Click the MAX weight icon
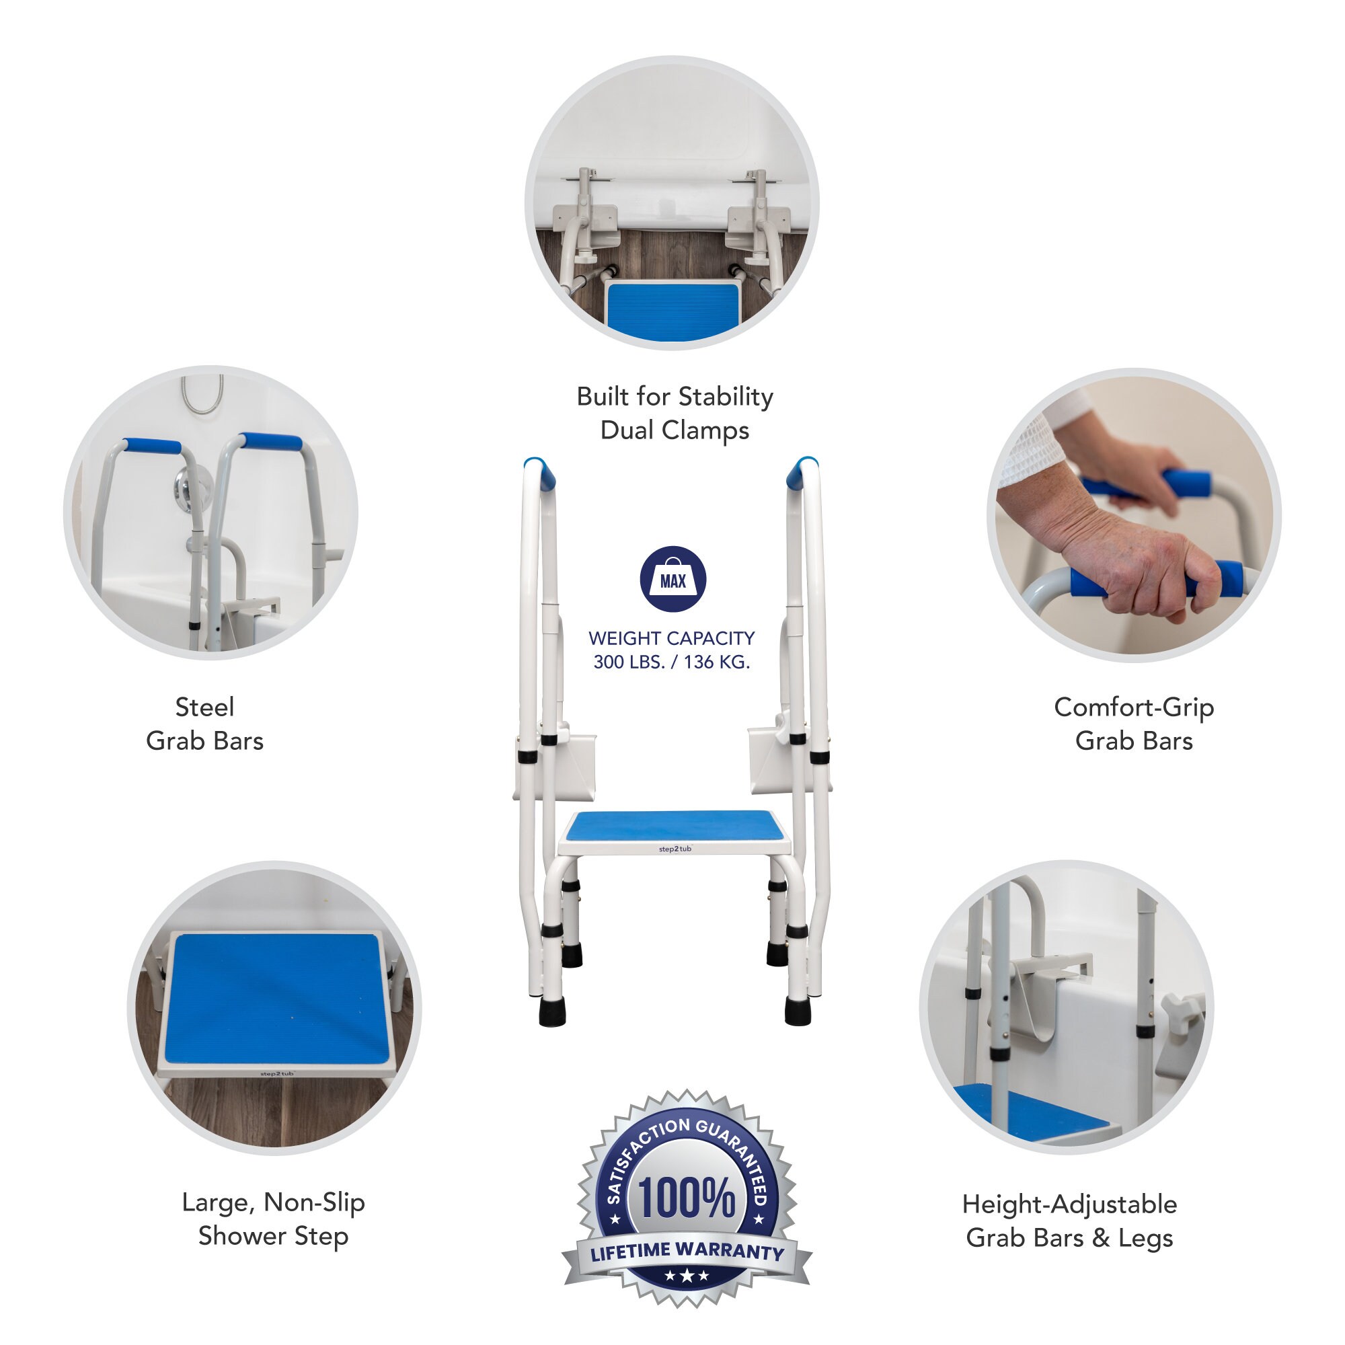coord(672,579)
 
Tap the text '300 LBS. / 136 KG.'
coord(672,662)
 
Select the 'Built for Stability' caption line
coord(675,397)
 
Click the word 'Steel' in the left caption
coord(204,707)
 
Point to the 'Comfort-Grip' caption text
coord(1134,707)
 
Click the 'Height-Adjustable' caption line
coord(1069,1204)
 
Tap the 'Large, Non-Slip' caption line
coord(274,1202)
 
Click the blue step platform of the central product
coord(674,827)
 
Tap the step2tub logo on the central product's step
coord(675,849)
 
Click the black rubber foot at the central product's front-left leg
coord(552,1010)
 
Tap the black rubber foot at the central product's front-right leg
coord(797,1010)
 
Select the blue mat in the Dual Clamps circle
coord(672,311)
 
